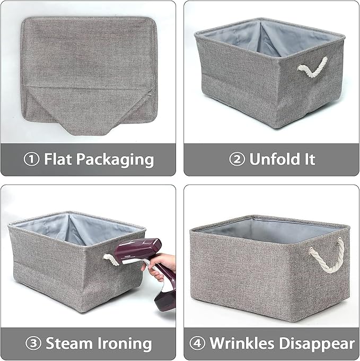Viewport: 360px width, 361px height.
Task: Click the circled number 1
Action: (32, 159)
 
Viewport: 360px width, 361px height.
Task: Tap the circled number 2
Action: (237, 159)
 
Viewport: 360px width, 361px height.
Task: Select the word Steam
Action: (68, 343)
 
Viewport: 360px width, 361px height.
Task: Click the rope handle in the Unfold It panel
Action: (312, 67)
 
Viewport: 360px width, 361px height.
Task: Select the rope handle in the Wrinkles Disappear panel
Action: (329, 255)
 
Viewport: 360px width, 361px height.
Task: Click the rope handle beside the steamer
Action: (111, 259)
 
